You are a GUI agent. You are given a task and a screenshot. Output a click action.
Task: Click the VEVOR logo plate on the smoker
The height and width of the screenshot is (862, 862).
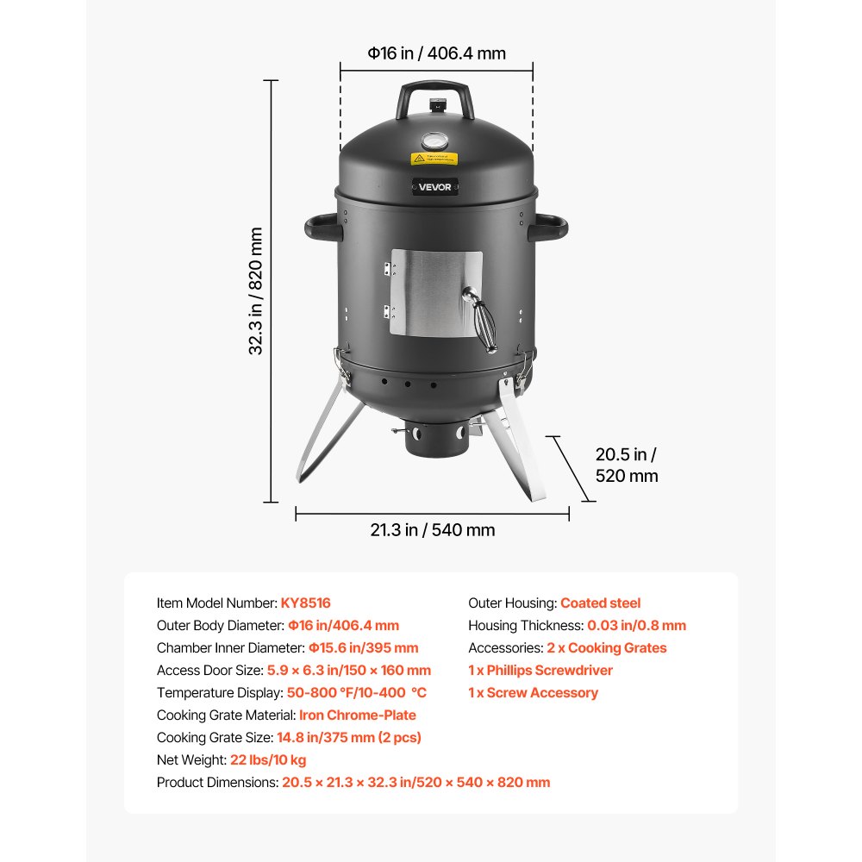[x=435, y=187]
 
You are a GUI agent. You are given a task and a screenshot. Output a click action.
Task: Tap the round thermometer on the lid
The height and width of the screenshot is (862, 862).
[x=435, y=141]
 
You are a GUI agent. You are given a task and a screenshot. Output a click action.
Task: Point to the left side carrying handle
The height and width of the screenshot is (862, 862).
[x=322, y=228]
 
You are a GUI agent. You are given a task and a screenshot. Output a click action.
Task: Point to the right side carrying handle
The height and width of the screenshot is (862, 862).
[x=550, y=228]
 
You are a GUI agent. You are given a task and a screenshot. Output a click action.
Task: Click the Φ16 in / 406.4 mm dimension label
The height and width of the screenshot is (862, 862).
[x=437, y=53]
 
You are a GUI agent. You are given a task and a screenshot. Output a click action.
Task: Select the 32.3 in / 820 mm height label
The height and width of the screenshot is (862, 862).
[x=256, y=291]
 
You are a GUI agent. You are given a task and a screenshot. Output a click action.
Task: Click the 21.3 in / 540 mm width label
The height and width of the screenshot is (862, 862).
[x=433, y=530]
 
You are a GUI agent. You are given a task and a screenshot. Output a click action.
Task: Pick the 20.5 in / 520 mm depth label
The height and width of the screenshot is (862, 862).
[x=627, y=465]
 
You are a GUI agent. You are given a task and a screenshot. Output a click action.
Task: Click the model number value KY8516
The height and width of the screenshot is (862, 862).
[x=305, y=603]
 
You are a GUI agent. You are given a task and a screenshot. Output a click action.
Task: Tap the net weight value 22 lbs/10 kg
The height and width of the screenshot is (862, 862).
[x=267, y=760]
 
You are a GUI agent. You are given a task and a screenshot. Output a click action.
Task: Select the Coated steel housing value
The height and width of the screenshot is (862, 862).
[x=600, y=603]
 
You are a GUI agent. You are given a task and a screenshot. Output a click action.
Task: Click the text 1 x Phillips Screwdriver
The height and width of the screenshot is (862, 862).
[x=540, y=671]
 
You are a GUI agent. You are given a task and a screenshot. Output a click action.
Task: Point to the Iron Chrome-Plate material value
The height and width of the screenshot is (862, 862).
[x=358, y=715]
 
